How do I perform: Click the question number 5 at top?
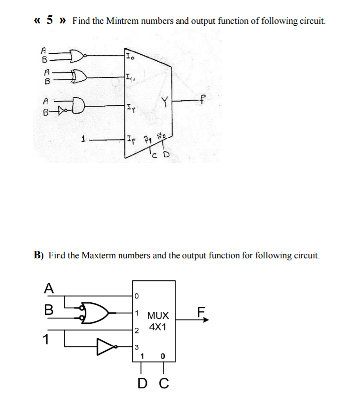click(49, 20)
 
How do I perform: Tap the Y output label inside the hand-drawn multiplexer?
click(162, 102)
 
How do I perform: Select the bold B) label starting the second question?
click(39, 255)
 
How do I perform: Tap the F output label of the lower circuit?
click(200, 313)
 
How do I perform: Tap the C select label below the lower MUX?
click(164, 384)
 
